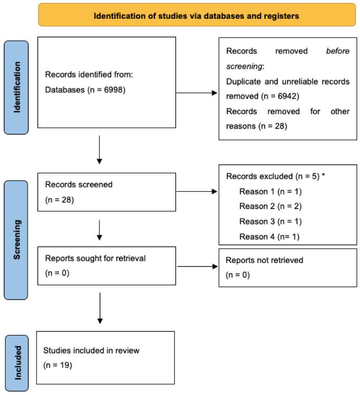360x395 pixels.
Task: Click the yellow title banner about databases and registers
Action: point(197,15)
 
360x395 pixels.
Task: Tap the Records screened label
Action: point(78,185)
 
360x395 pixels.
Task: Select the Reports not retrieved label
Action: point(264,260)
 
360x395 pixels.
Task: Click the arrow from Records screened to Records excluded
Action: point(197,192)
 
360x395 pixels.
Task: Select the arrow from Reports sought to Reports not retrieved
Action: point(197,267)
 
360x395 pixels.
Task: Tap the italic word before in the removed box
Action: point(338,51)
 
